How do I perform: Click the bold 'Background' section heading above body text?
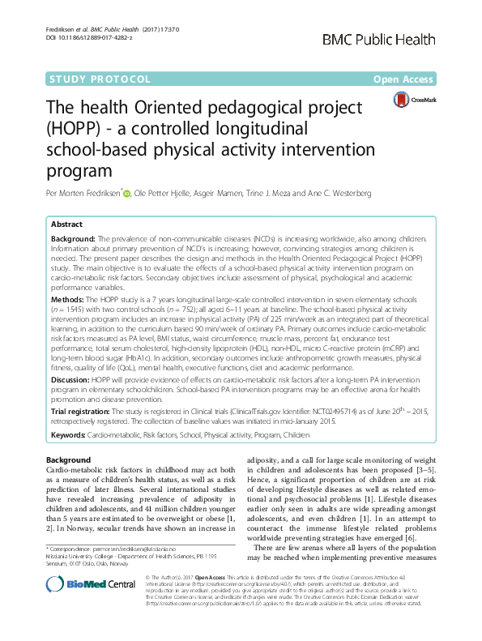[69, 460]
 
